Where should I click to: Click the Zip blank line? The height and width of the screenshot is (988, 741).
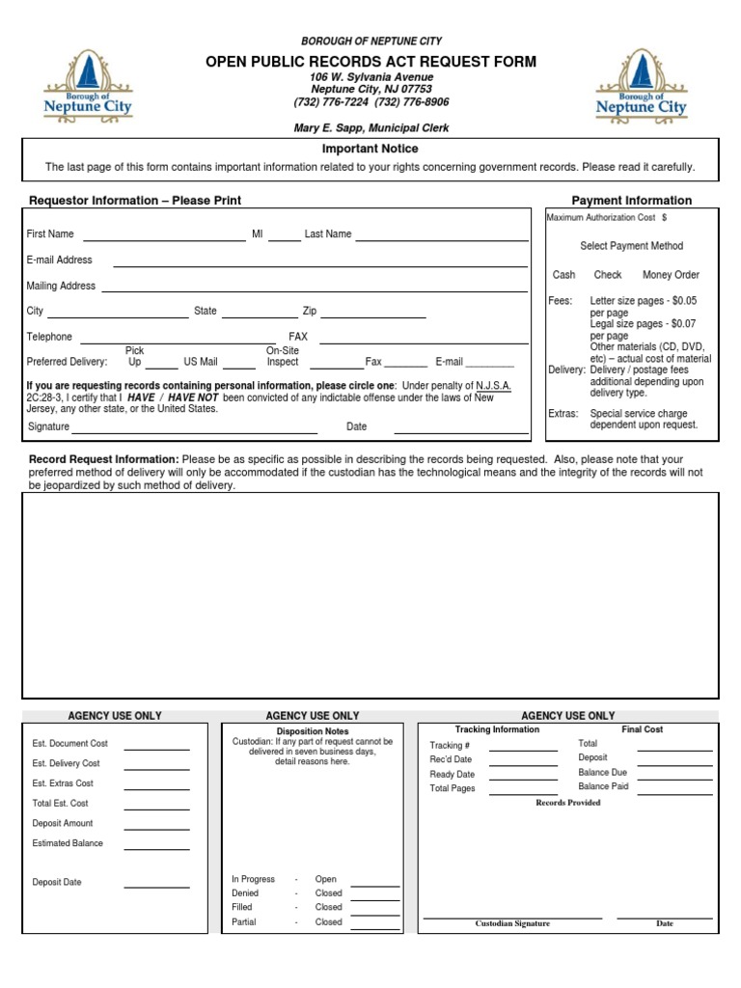pyautogui.click(x=373, y=316)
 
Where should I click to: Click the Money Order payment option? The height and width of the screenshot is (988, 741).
pyautogui.click(x=671, y=275)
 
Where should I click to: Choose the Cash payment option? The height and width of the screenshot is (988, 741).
pyautogui.click(x=563, y=275)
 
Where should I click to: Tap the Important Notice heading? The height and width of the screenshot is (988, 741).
pyautogui.click(x=370, y=149)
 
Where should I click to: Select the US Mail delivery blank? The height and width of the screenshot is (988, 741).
pyautogui.click(x=238, y=367)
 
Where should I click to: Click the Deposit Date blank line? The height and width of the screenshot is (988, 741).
pyautogui.click(x=156, y=885)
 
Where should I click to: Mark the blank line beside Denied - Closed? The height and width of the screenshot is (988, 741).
pyautogui.click(x=374, y=898)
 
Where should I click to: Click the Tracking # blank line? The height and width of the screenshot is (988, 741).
pyautogui.click(x=523, y=749)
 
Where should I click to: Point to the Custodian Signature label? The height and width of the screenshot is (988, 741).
pyautogui.click(x=512, y=924)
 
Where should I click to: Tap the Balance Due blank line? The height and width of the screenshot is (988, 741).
pyautogui.click(x=674, y=777)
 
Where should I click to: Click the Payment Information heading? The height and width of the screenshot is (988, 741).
pyautogui.click(x=632, y=201)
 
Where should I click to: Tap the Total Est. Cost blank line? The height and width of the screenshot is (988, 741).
pyautogui.click(x=156, y=808)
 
